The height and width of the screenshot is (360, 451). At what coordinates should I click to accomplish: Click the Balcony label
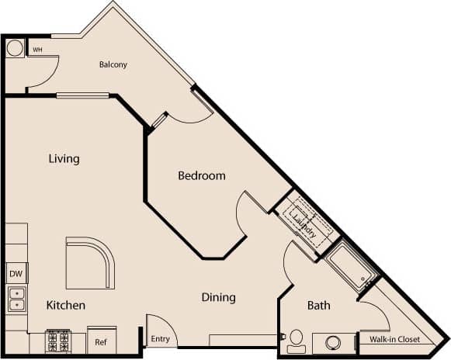[x=113, y=64]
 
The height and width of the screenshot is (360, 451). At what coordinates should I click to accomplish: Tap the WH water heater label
[x=36, y=50]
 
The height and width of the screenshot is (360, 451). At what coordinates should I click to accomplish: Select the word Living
[x=64, y=159]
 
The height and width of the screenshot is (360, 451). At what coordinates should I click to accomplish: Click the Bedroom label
[x=202, y=175]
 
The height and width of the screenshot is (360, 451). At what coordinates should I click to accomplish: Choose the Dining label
[x=218, y=297]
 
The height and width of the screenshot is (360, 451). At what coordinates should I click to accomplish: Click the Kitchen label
[x=65, y=305]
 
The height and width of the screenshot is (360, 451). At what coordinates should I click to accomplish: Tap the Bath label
[x=318, y=305]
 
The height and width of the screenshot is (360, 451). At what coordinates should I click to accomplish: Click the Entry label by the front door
[x=160, y=338]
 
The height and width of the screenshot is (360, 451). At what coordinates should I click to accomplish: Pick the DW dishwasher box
[x=16, y=273]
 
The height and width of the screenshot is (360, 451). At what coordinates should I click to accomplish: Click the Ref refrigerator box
[x=101, y=341]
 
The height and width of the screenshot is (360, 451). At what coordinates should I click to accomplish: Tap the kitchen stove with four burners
[x=58, y=341]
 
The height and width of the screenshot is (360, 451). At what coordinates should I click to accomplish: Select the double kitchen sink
[x=16, y=298]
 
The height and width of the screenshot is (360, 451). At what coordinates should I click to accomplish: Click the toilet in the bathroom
[x=296, y=340]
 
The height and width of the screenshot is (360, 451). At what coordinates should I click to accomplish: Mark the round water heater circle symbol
[x=15, y=48]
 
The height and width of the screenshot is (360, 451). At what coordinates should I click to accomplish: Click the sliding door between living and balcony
[x=82, y=95]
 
